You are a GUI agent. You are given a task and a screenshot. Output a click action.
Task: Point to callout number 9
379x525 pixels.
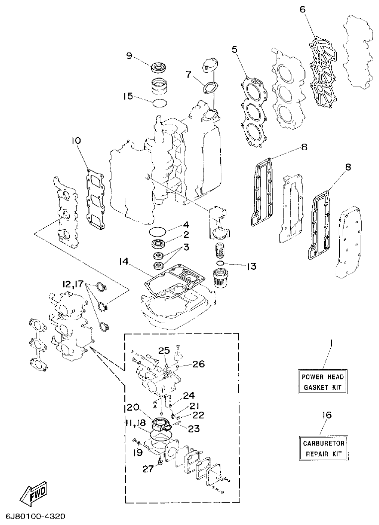(x=129, y=56)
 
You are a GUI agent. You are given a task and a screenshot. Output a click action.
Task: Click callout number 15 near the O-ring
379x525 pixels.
(x=128, y=95)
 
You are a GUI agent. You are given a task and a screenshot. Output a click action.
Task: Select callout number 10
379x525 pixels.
(x=76, y=141)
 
